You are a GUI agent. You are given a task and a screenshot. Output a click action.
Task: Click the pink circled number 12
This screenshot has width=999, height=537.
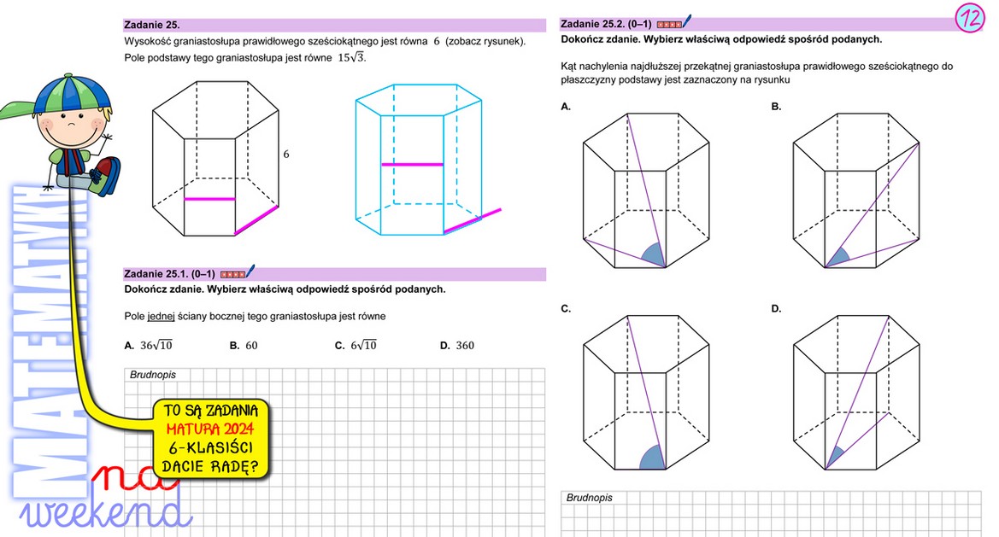pyautogui.click(x=970, y=18)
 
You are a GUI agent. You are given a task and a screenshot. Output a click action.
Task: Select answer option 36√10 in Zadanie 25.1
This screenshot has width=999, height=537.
pyautogui.click(x=156, y=345)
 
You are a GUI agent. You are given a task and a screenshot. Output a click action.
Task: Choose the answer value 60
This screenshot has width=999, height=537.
pyautogui.click(x=251, y=346)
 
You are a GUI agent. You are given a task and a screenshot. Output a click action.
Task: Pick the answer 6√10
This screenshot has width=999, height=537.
pyautogui.click(x=364, y=345)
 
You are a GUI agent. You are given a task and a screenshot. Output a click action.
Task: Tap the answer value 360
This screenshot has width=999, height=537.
pyautogui.click(x=465, y=346)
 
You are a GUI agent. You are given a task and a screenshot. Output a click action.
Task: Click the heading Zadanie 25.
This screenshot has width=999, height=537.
pyautogui.click(x=152, y=25)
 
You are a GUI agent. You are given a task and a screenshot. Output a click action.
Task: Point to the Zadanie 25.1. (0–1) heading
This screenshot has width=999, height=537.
pyautogui.click(x=169, y=274)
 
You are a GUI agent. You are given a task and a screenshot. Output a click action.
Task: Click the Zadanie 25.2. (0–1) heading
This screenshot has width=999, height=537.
pyautogui.click(x=606, y=24)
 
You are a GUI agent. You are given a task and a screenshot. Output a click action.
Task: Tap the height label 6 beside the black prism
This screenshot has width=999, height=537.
pyautogui.click(x=286, y=154)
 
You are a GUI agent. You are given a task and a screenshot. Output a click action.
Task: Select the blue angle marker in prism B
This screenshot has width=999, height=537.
pyautogui.click(x=838, y=259)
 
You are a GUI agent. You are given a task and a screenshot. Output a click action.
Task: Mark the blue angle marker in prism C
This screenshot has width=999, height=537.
pyautogui.click(x=652, y=458)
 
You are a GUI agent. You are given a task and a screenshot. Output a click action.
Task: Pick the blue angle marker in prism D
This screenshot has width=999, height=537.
pyautogui.click(x=835, y=458)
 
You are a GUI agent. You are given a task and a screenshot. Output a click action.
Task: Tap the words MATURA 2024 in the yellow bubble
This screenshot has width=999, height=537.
pyautogui.click(x=209, y=429)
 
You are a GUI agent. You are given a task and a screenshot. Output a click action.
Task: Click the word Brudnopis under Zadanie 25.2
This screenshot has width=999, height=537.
pyautogui.click(x=590, y=498)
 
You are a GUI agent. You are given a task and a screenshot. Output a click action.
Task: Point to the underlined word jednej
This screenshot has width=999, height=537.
pyautogui.click(x=161, y=316)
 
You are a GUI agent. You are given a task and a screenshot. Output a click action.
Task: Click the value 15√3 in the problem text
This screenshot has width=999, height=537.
pyautogui.click(x=351, y=57)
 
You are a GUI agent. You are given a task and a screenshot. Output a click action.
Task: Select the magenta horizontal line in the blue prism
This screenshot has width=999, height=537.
pyautogui.click(x=412, y=165)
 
